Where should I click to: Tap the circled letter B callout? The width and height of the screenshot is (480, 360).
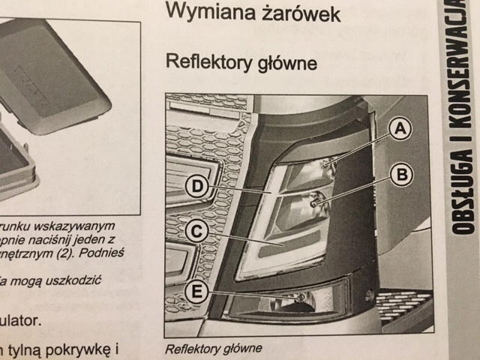point(402,175)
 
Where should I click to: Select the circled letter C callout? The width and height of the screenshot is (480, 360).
point(196,232)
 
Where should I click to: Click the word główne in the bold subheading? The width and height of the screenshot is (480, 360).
point(288,62)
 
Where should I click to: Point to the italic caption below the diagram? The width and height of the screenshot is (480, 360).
point(214,348)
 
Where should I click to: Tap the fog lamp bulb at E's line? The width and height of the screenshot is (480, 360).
point(301,298)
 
